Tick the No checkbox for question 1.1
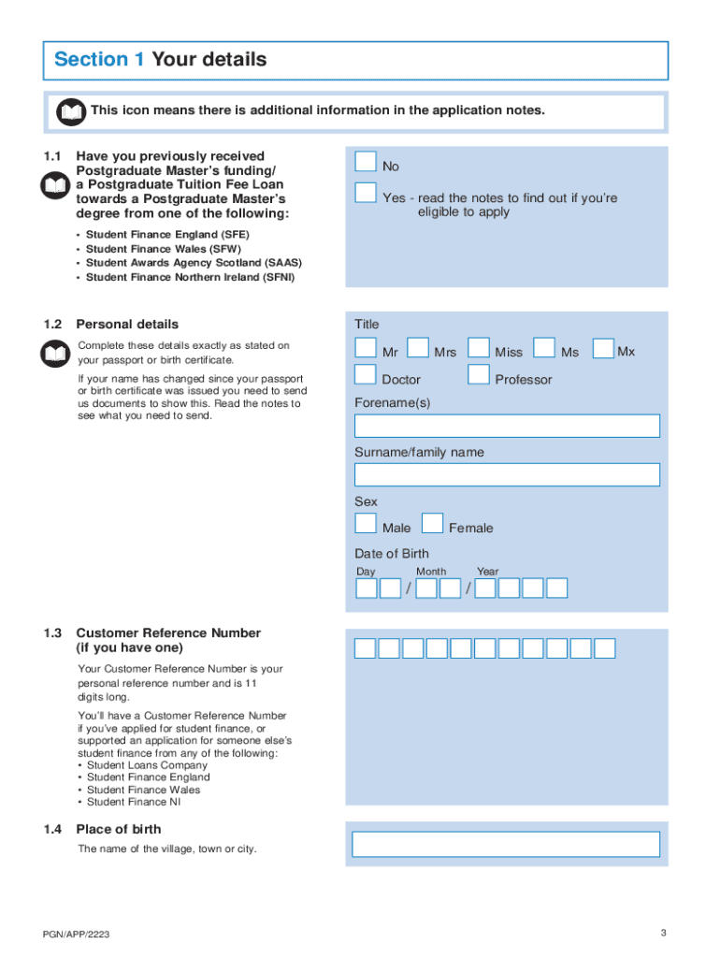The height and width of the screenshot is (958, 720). (x=366, y=162)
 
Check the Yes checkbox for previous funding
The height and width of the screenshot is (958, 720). (x=366, y=194)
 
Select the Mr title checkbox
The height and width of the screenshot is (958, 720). (x=366, y=348)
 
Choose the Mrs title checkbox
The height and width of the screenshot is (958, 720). (x=418, y=348)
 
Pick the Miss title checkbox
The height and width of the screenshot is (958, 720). (x=479, y=348)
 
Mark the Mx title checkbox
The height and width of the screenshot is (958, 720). (x=603, y=348)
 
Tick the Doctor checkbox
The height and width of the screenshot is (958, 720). (x=366, y=375)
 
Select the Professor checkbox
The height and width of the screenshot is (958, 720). (x=479, y=375)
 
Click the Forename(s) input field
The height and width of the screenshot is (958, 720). (x=507, y=427)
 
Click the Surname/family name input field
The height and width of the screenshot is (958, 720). (x=507, y=475)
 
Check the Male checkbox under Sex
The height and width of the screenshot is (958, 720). (x=366, y=524)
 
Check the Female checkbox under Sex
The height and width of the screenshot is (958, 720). (x=432, y=524)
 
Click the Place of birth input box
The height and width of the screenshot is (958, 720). (x=506, y=844)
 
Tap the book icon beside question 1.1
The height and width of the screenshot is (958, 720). (x=55, y=186)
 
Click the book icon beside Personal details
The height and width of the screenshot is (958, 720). (x=55, y=354)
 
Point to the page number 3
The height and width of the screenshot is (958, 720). (x=663, y=933)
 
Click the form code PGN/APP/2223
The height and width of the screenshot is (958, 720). (x=82, y=936)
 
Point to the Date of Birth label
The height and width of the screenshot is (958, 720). (x=392, y=553)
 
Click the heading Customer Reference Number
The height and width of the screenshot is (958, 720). (x=168, y=633)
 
